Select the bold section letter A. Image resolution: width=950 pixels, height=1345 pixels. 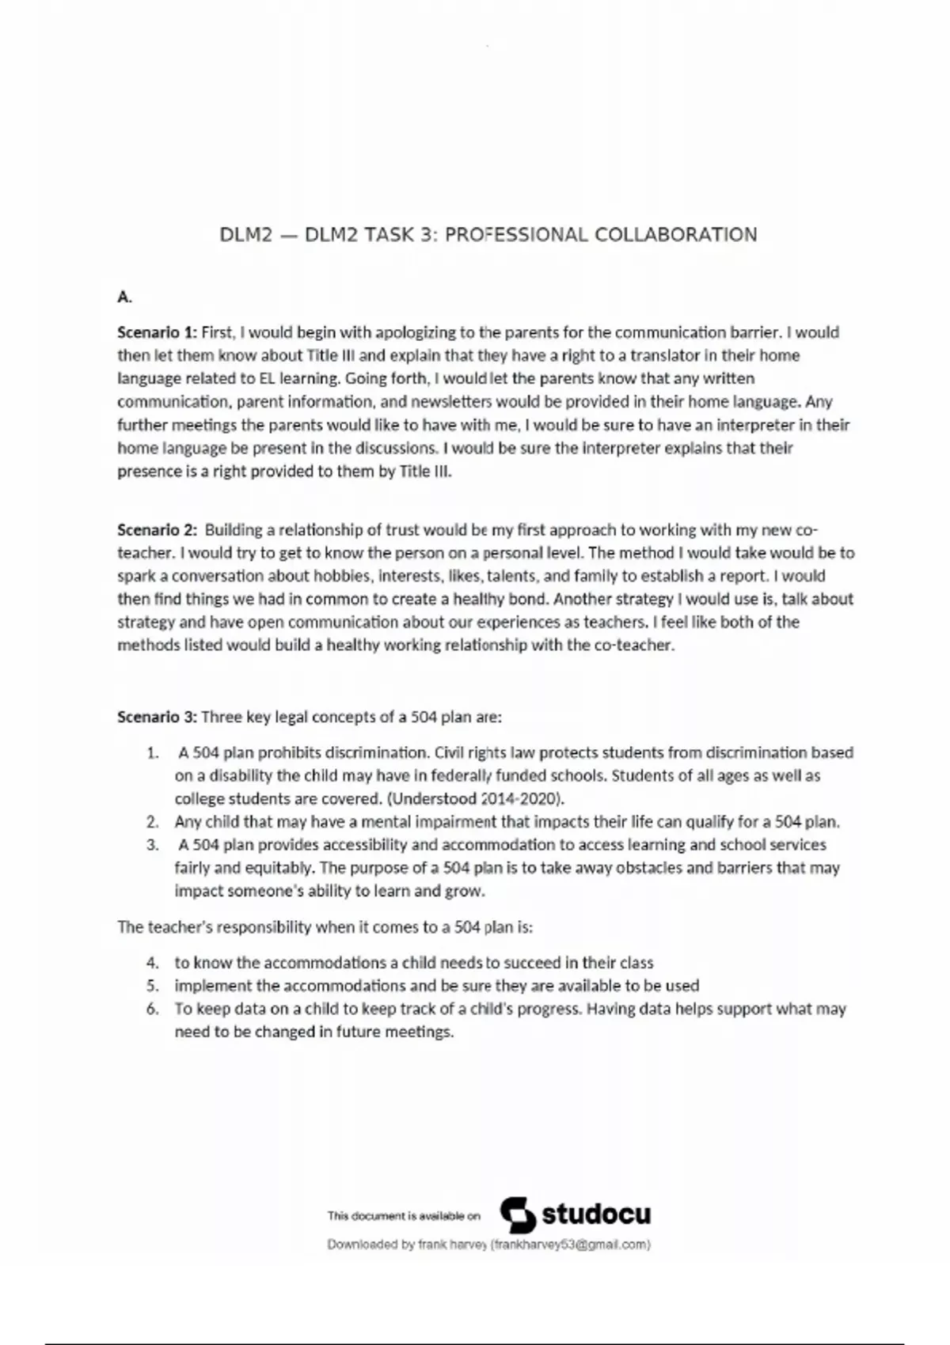[124, 297]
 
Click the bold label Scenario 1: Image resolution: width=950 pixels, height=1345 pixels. [157, 332]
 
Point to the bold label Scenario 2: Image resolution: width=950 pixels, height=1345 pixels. [157, 530]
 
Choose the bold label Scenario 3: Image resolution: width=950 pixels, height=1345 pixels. [157, 717]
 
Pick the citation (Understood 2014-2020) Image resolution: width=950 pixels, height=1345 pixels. [475, 798]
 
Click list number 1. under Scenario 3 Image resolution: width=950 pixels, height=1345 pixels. [153, 752]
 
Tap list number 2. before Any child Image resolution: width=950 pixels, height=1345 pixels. [153, 822]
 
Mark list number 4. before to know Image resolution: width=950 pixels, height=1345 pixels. [153, 963]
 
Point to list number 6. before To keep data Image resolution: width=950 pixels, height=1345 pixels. [153, 1009]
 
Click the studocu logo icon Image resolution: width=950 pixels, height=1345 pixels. [518, 1214]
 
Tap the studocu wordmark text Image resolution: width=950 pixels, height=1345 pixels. [596, 1214]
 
